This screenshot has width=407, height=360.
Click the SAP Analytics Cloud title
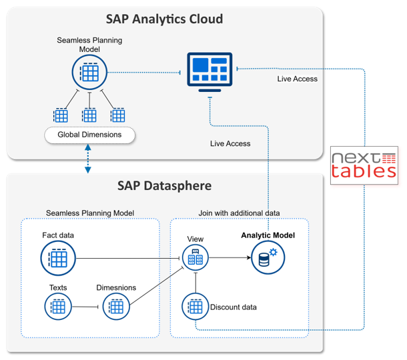tap(164, 19)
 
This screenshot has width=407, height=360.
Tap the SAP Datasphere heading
tap(164, 184)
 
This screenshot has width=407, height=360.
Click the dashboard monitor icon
tap(210, 72)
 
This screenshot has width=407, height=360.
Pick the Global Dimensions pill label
tap(89, 135)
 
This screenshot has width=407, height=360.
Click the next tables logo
tap(364, 164)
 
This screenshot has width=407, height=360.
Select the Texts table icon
tap(58, 307)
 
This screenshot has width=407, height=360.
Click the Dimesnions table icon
tap(115, 307)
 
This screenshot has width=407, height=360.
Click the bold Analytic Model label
tap(268, 235)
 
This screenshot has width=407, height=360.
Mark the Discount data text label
tap(234, 307)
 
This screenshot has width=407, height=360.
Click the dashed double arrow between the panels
tap(89, 160)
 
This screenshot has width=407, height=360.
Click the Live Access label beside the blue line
tap(298, 79)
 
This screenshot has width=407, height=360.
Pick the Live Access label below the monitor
tap(230, 143)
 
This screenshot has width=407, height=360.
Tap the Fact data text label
tap(57, 235)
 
